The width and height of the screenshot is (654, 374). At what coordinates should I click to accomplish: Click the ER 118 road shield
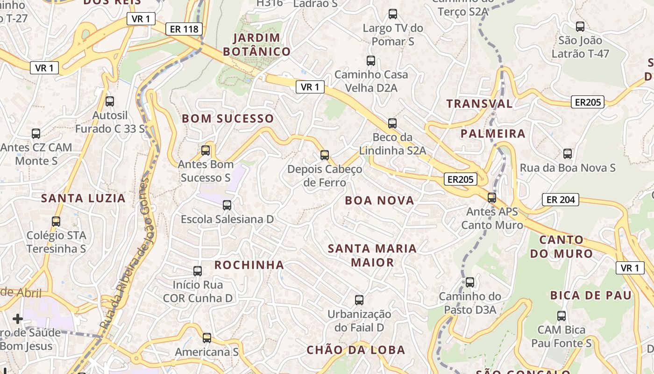184,29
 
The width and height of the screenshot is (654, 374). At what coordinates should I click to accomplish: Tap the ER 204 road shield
560,200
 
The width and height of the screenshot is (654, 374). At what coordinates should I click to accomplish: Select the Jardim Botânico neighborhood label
256,44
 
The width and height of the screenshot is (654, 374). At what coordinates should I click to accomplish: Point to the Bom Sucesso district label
227,119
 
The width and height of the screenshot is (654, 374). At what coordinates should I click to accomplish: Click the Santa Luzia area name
83,198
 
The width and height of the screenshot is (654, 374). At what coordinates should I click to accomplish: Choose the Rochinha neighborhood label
249,265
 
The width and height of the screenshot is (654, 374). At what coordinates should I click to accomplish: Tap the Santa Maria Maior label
372,255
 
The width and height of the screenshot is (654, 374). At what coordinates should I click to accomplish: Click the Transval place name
479,104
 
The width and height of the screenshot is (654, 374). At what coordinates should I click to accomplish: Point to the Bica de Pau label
590,295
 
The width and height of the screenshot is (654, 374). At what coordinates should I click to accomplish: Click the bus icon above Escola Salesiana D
227,205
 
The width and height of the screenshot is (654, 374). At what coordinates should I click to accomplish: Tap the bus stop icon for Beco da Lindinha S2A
392,123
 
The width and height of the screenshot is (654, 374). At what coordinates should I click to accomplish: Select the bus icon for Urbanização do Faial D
359,300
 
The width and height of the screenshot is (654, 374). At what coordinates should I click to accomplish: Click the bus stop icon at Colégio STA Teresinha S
56,221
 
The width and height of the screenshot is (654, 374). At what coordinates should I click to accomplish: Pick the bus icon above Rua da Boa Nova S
567,153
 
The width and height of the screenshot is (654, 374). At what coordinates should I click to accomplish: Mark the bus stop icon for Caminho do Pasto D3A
469,282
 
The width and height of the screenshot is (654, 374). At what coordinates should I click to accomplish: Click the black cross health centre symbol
18,319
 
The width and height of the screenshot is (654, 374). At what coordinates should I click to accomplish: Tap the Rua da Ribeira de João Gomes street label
126,252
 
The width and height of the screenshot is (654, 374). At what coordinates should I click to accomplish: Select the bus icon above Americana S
206,338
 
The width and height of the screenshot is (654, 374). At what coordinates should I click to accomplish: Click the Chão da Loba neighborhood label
355,350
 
